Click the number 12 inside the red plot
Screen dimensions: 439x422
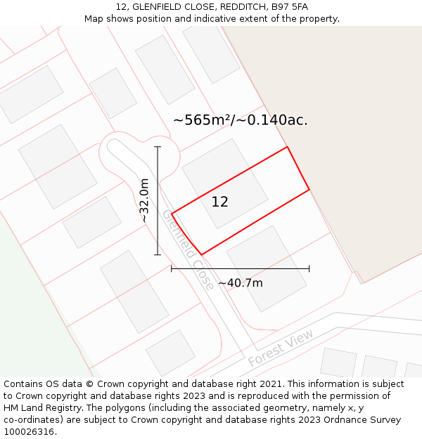(x=219, y=202)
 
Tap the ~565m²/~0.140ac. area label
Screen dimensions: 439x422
(x=240, y=120)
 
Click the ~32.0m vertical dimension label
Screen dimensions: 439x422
(x=144, y=200)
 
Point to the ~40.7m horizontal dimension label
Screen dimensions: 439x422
(x=240, y=283)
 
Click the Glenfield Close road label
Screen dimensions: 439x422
(x=188, y=249)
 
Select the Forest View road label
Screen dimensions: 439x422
(x=281, y=348)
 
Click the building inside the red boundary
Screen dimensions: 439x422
(x=224, y=183)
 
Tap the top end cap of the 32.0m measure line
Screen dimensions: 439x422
(x=158, y=147)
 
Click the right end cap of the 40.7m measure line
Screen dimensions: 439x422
(x=309, y=268)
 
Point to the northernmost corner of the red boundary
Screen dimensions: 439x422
(x=287, y=147)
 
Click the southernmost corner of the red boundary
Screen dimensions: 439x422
(x=202, y=254)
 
